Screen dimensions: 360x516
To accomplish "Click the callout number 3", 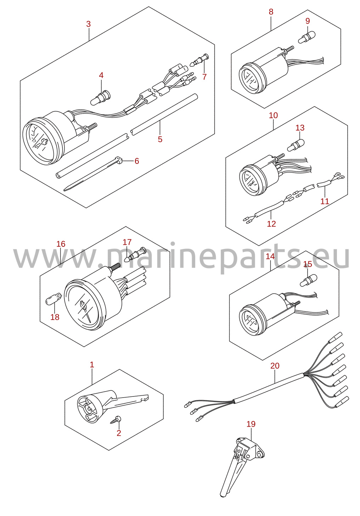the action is tap(88, 24).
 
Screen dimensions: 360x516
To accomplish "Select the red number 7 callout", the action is tap(205, 77).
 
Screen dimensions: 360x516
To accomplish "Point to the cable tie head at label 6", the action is tap(118, 159).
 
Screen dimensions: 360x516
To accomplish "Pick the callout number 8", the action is tap(271, 12).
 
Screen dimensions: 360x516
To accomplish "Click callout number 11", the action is tap(325, 201).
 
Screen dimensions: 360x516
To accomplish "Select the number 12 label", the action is tap(271, 224).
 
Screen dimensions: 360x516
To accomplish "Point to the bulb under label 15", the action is tap(308, 281).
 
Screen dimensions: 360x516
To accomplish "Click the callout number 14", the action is tap(270, 256).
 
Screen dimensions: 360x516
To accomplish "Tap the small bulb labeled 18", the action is tap(54, 299).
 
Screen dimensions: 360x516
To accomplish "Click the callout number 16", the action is tap(61, 244).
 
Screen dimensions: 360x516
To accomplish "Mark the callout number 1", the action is tap(92, 365).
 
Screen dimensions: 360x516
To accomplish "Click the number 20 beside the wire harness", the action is tap(275, 366).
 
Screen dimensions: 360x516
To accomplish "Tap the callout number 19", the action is tap(251, 424).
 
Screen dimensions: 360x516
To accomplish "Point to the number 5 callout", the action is tap(160, 139).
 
